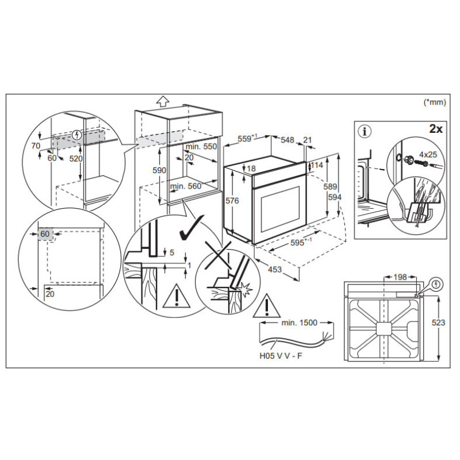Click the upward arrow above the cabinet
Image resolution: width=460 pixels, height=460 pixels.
pyautogui.click(x=163, y=101)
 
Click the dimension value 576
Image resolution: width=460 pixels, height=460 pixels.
pyautogui.click(x=232, y=201)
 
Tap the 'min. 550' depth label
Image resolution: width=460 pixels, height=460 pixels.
pyautogui.click(x=201, y=147)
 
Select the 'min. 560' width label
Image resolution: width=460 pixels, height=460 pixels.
pyautogui.click(x=186, y=186)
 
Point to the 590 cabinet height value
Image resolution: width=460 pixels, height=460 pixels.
pyautogui.click(x=159, y=170)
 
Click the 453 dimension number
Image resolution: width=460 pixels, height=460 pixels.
pyautogui.click(x=275, y=269)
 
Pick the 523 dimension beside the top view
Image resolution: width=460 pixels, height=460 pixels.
pyautogui.click(x=438, y=323)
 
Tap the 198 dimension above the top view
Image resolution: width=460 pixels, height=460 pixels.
pyautogui.click(x=400, y=277)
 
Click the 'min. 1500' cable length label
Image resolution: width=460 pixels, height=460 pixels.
pyautogui.click(x=299, y=323)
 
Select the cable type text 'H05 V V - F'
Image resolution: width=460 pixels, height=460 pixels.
pyautogui.click(x=281, y=356)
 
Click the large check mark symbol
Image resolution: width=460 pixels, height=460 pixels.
pyautogui.click(x=191, y=227)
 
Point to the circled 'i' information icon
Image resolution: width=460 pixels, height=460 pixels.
pyautogui.click(x=365, y=132)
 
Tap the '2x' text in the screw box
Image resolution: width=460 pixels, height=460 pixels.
pyautogui.click(x=436, y=129)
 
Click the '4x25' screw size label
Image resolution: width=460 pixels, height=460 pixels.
pyautogui.click(x=428, y=154)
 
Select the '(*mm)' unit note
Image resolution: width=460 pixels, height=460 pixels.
pyautogui.click(x=435, y=102)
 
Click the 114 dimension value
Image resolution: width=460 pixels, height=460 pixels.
pyautogui.click(x=317, y=165)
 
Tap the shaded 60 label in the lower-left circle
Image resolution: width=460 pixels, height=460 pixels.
pyautogui.click(x=45, y=234)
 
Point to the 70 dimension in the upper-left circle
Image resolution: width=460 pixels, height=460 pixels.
pyautogui.click(x=36, y=145)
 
